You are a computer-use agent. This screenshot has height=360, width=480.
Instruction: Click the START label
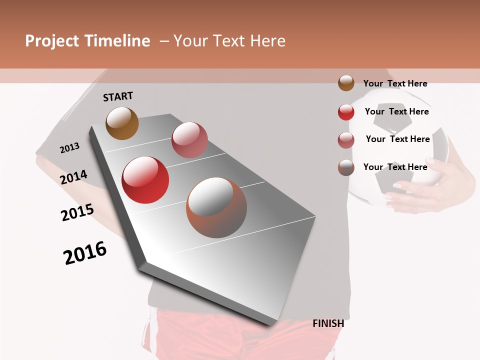click(x=118, y=96)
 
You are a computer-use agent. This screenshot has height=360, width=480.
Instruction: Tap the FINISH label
click(x=328, y=323)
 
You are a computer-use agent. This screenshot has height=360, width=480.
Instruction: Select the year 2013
click(x=69, y=148)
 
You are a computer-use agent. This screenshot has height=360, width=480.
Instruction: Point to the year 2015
click(x=77, y=212)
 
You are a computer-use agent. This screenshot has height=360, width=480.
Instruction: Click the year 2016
click(x=85, y=253)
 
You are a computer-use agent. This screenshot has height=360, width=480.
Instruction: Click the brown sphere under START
click(x=122, y=123)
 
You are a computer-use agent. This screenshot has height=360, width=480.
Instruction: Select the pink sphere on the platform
click(x=189, y=140)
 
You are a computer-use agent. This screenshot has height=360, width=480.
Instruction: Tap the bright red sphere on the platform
click(x=145, y=180)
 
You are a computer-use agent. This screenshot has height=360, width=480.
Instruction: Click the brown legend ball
click(x=346, y=83)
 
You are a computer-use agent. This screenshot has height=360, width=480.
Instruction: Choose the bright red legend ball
click(x=346, y=112)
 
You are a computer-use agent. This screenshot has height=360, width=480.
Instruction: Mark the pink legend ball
click(x=346, y=140)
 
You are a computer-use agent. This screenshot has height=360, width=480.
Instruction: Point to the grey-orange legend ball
click(x=346, y=167)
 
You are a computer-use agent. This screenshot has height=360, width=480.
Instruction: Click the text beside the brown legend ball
click(x=395, y=84)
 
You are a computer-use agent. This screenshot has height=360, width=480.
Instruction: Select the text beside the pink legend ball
click(x=397, y=139)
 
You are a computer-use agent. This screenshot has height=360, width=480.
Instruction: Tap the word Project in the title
click(x=52, y=41)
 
